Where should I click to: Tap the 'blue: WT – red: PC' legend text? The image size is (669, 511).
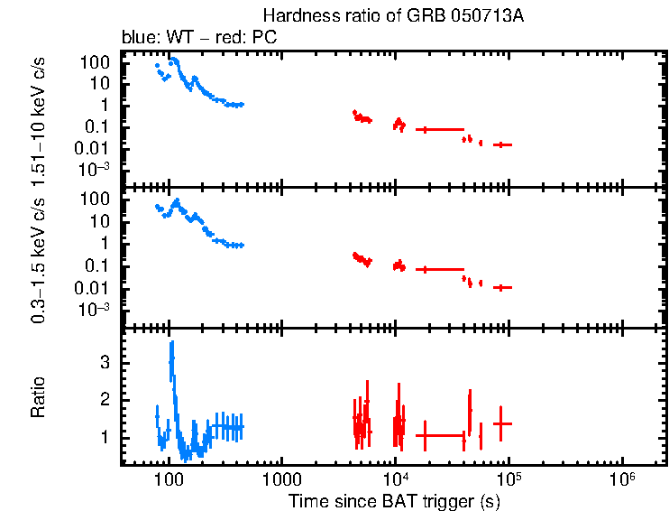pos(198,38)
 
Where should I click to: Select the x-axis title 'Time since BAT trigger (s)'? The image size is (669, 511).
pos(394,500)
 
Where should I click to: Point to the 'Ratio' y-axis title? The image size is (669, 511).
pos(38,397)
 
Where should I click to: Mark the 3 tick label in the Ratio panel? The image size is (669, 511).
pos(105,361)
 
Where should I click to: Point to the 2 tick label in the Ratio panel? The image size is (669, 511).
pos(105,399)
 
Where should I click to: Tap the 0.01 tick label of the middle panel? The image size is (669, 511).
pos(93,288)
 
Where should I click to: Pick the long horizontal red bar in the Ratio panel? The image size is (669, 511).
pos(442,435)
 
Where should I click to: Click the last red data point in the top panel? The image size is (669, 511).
pos(502,144)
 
